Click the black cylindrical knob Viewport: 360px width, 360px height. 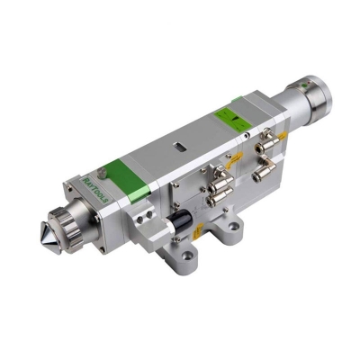[180, 220]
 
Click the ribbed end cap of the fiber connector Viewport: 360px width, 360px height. [311, 98]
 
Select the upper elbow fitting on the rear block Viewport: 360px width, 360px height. [266, 144]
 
